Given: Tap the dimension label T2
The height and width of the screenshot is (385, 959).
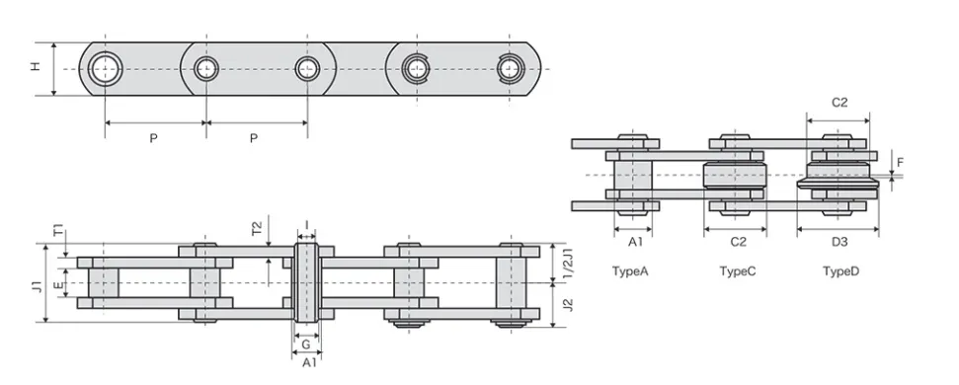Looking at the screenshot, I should [259, 229].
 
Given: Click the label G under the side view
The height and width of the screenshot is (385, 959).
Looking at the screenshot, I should [306, 346].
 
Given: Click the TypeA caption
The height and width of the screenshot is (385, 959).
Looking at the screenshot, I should [630, 270].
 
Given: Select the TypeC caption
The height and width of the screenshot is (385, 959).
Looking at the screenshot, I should [737, 270].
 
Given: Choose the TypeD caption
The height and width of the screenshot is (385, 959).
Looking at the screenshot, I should [840, 270].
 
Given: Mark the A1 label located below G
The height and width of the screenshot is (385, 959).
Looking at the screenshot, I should [308, 363].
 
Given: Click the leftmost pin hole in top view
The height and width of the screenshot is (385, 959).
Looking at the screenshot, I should [105, 68].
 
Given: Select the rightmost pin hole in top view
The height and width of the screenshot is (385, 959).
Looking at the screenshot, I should [509, 68].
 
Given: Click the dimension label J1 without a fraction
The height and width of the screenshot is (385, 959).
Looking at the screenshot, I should [36, 286].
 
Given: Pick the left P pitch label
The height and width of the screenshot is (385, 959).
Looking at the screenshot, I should [153, 139].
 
